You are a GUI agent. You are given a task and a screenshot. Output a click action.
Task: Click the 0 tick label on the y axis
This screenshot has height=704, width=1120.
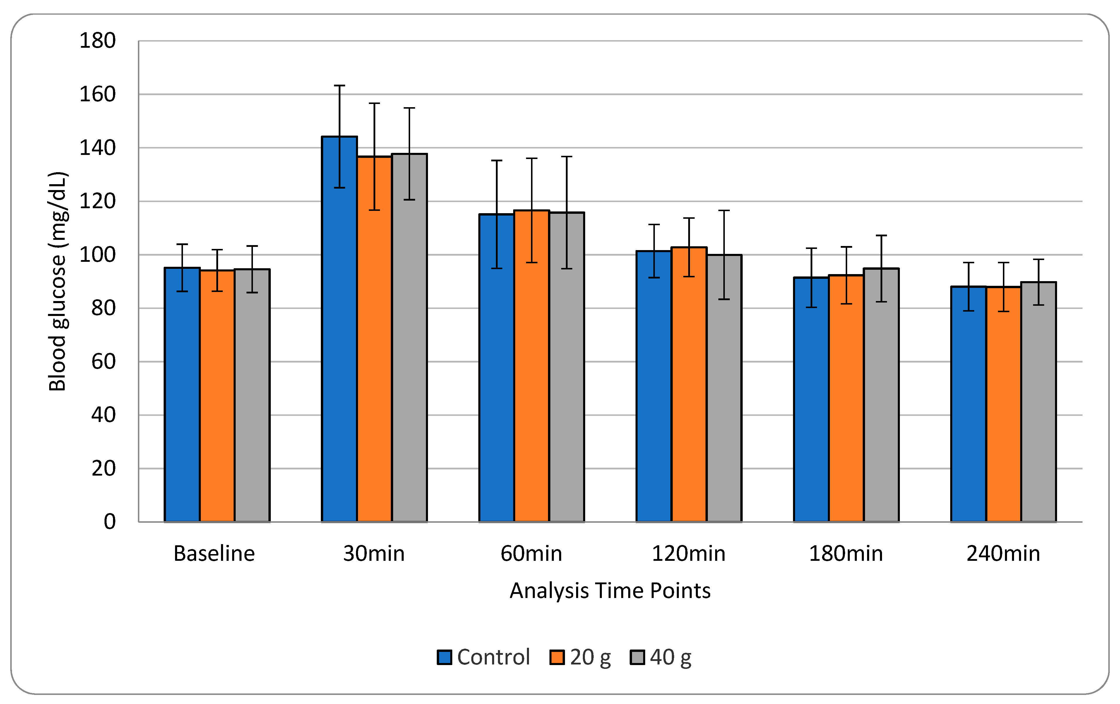(110, 522)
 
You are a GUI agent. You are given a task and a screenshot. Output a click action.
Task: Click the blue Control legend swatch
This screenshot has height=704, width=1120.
(444, 657)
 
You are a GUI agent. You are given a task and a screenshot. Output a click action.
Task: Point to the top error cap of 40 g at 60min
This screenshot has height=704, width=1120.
(566, 157)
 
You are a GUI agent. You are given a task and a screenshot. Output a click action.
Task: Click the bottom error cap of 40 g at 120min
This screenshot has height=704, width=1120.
(724, 299)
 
